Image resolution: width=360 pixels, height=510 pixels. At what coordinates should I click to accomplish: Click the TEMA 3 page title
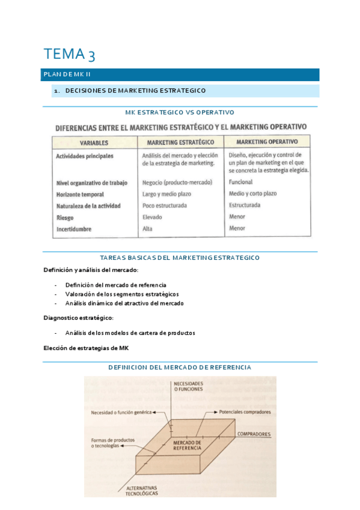tap(69, 54)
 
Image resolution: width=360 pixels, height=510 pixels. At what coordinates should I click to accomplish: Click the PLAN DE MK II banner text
tap(67, 75)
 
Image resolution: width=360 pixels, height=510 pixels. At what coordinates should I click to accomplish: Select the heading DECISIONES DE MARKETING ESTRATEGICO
tap(135, 91)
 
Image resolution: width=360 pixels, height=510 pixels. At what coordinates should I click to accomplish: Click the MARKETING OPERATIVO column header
tap(267, 142)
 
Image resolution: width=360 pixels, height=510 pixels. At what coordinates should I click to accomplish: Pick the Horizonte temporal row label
tap(80, 195)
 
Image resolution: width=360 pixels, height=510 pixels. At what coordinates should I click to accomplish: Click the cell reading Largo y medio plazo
tap(168, 194)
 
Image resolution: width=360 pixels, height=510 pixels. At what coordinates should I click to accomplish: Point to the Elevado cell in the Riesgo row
tap(153, 217)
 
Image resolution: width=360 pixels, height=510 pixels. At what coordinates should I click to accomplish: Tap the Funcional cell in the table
tap(240, 182)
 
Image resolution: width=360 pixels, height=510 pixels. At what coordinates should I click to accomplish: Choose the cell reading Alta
tap(148, 229)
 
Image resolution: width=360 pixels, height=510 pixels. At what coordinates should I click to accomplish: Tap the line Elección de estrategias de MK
tap(87, 348)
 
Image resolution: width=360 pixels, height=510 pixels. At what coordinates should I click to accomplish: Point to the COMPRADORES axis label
tap(254, 434)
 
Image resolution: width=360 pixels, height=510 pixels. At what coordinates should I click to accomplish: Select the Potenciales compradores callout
tap(241, 412)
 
